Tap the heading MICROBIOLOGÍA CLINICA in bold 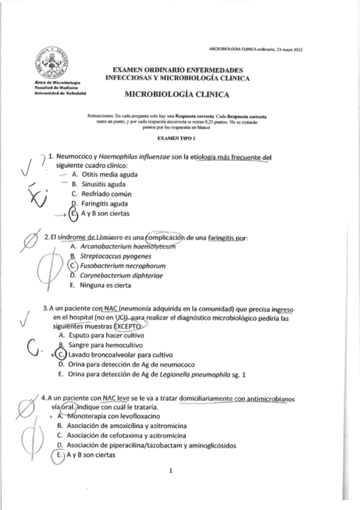177,94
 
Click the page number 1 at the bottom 171,471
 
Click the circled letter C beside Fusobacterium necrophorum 73,265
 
